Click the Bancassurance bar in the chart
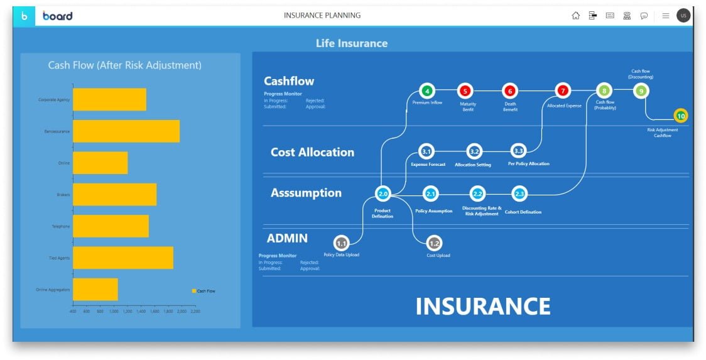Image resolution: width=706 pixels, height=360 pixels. tap(126, 131)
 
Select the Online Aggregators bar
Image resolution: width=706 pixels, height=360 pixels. tap(95, 290)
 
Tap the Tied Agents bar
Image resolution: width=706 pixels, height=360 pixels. tap(122, 258)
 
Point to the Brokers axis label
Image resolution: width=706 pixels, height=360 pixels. tap(63, 195)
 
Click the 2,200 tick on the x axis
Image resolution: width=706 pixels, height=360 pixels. tap(195, 311)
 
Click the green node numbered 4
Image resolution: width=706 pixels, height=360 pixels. tap(427, 91)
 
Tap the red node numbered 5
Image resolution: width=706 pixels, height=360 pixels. tap(465, 91)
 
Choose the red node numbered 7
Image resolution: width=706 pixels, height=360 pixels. tap(563, 91)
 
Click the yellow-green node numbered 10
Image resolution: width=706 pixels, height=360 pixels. tap(681, 116)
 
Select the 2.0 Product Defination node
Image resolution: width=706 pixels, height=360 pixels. tap(383, 194)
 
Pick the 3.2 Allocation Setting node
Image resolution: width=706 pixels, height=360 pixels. tap(474, 151)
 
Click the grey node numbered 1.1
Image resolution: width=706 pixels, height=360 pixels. tap(341, 243)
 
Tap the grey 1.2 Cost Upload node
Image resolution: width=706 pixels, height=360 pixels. tap(434, 243)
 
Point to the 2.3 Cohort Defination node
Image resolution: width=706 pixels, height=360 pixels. tap(519, 194)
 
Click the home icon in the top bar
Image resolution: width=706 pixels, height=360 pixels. tap(575, 16)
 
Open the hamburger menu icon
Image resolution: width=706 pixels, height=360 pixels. tap(665, 16)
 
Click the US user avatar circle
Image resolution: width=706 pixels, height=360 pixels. tap(683, 16)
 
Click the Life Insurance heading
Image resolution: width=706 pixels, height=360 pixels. tap(352, 43)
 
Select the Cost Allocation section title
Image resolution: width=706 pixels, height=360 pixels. tap(312, 152)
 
